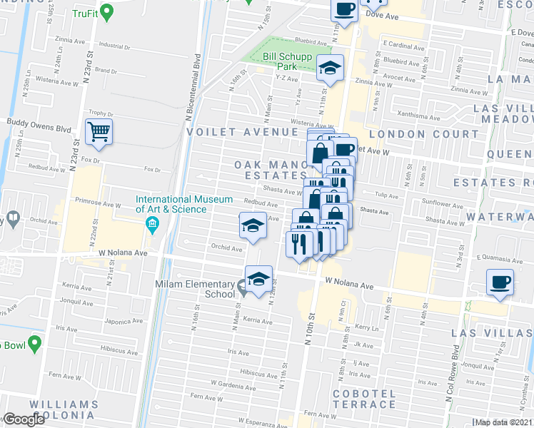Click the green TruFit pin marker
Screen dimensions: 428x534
[106, 12]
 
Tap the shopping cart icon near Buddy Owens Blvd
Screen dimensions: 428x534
[99, 132]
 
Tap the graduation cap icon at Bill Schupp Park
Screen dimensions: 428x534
[330, 68]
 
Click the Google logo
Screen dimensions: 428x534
[23, 419]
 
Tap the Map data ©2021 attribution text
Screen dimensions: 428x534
[503, 422]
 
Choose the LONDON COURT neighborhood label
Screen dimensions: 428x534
[406, 133]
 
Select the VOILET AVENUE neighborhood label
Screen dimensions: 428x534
[241, 132]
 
